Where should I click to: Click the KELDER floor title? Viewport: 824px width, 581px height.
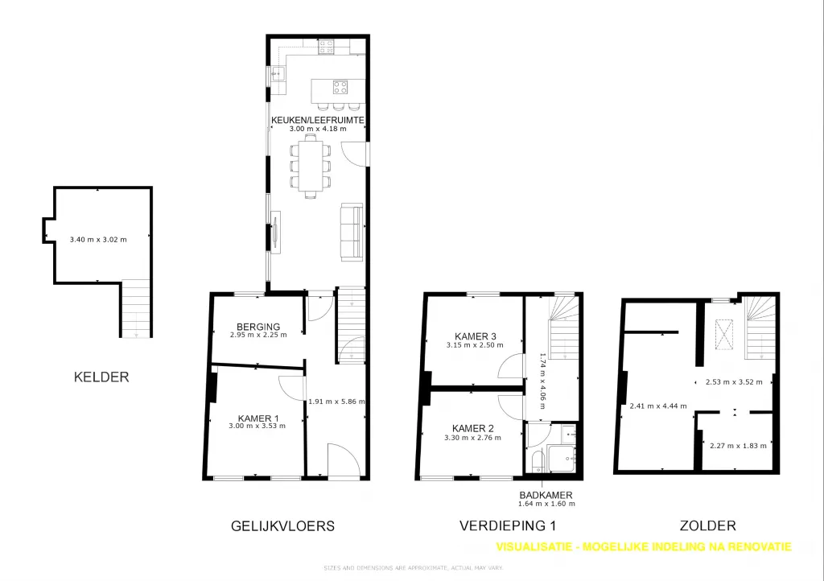click(x=101, y=377)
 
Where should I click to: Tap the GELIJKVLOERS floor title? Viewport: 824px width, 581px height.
click(x=282, y=525)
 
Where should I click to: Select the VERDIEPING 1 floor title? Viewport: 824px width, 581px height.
click(x=508, y=525)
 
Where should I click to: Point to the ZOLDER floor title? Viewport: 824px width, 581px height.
click(x=708, y=525)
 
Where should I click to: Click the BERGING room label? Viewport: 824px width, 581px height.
click(x=258, y=327)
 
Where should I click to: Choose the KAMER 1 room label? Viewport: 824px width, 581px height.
click(x=258, y=418)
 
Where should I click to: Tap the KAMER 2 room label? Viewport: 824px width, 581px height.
click(x=473, y=429)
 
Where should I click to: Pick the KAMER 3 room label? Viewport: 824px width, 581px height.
click(x=475, y=336)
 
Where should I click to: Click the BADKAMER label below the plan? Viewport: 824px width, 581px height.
click(x=546, y=495)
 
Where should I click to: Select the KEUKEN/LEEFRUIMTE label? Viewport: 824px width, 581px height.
click(x=317, y=120)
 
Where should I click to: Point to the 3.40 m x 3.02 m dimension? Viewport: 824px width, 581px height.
click(x=98, y=240)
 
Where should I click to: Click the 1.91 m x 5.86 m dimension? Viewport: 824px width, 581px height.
click(x=336, y=402)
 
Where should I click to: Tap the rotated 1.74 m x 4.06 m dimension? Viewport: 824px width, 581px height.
click(x=542, y=381)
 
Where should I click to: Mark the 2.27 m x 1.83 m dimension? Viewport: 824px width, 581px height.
click(x=738, y=446)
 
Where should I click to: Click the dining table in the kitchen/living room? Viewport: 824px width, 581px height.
click(x=310, y=166)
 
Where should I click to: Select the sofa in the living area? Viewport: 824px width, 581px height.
click(x=352, y=232)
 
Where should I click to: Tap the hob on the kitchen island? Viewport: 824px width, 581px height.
click(x=340, y=87)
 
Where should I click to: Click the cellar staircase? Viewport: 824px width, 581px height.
click(x=137, y=308)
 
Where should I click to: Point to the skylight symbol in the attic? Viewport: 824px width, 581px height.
click(x=726, y=334)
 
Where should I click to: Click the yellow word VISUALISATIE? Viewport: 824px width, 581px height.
click(x=534, y=547)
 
